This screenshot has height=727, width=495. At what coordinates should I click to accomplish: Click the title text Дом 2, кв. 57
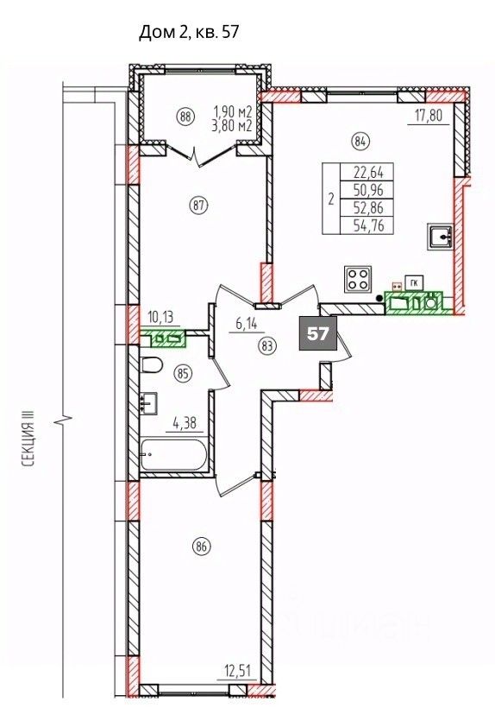pos(189,33)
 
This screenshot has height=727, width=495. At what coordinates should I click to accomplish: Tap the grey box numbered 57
pos(318,334)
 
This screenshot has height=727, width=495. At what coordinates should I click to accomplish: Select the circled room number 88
pos(186,117)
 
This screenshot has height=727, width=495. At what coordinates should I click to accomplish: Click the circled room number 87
pos(199,205)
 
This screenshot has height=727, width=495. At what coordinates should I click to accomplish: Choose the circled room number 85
pos(184,374)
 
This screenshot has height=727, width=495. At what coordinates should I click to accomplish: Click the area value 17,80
pos(429,114)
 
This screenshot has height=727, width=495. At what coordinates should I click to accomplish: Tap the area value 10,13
pos(162,318)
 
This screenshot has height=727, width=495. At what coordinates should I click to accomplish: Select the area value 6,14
pos(247,324)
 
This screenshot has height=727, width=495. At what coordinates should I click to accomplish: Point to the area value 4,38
pos(185,423)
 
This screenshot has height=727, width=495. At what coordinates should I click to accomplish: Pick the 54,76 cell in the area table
pos(367,225)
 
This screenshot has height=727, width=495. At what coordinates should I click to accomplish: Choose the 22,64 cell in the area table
pos(367,172)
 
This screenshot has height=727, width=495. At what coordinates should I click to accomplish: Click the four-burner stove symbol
pos(358,279)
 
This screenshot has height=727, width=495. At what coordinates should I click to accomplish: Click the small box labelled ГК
pos(412,282)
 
